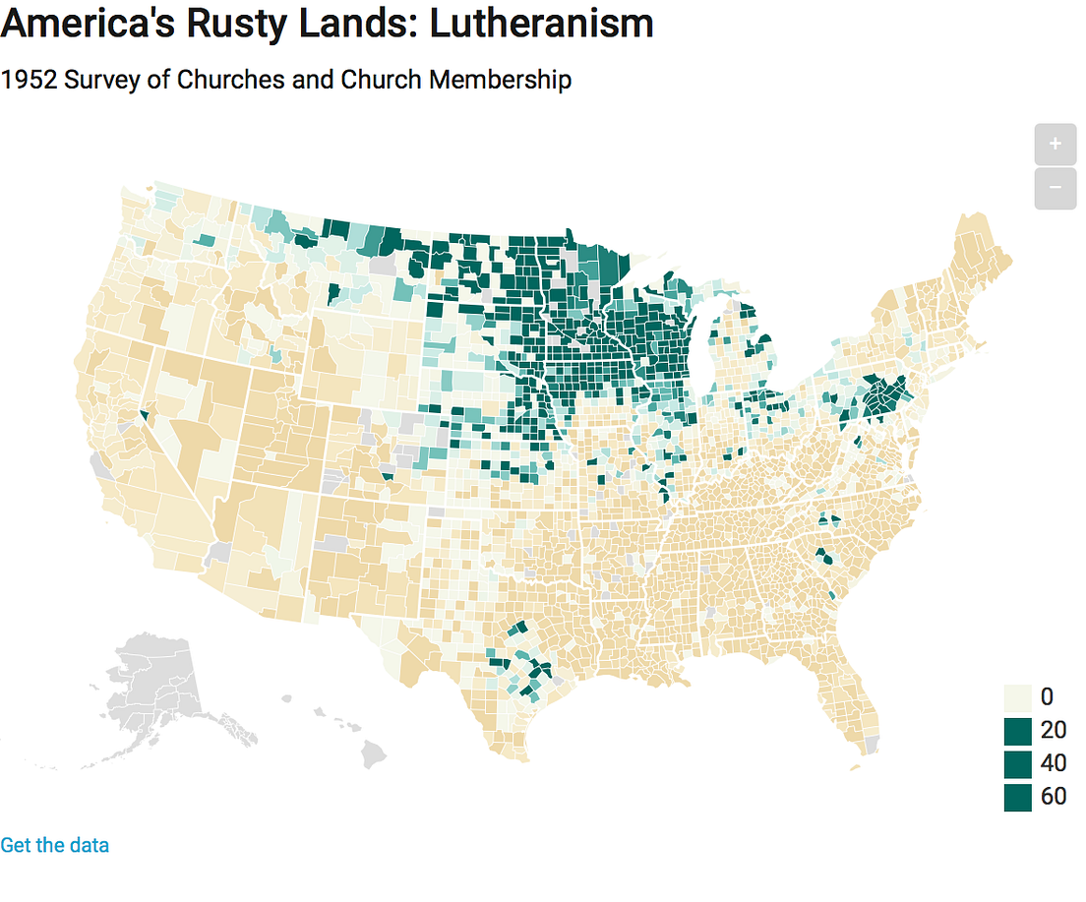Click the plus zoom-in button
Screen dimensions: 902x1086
1056,145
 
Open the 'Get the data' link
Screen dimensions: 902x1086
55,845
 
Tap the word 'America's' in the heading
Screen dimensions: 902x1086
82,24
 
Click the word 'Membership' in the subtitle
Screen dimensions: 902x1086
500,80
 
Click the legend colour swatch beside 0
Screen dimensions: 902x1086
1018,697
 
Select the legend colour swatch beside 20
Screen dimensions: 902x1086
1018,731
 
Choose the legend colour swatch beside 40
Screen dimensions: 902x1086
1018,763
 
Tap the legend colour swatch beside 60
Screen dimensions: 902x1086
1018,797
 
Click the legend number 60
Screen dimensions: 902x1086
1054,797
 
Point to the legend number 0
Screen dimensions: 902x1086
1047,697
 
